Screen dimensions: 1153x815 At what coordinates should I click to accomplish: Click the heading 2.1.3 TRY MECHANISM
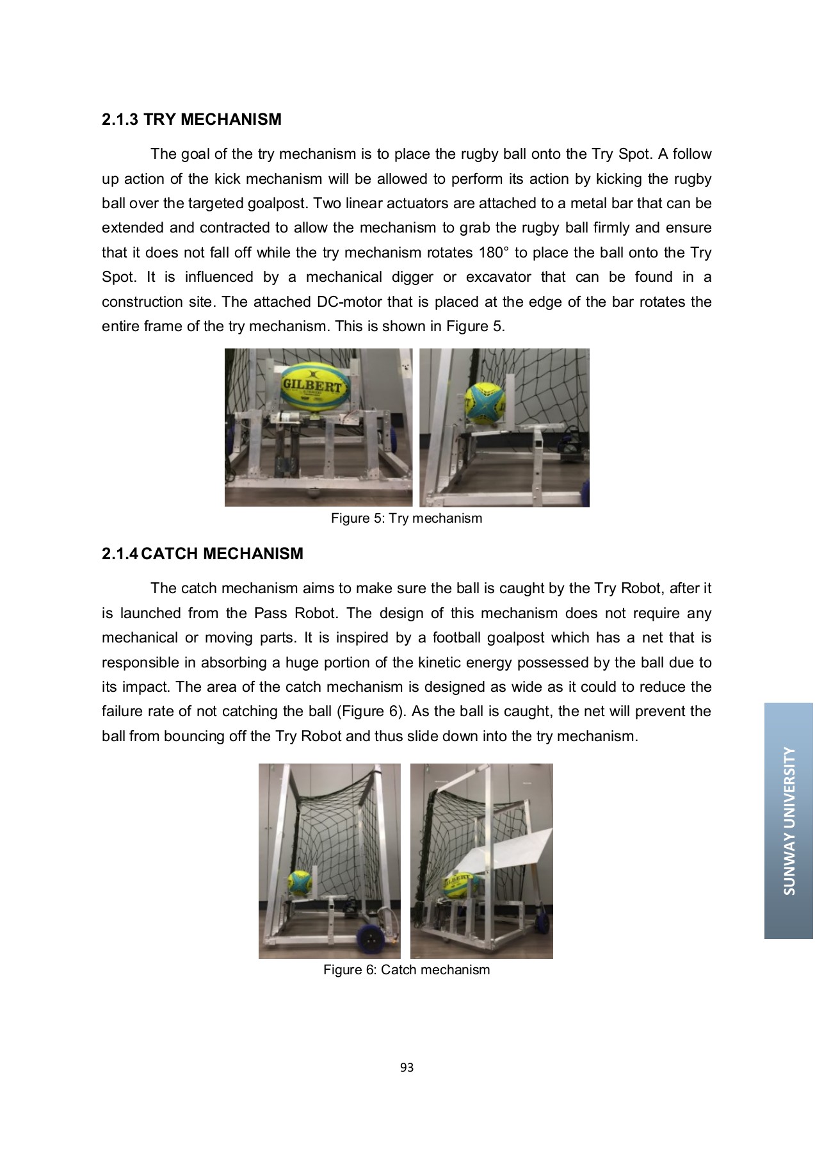click(191, 120)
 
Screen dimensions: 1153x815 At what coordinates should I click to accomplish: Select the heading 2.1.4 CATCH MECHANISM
click(202, 554)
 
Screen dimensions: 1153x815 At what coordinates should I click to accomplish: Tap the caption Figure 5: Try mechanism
click(406, 518)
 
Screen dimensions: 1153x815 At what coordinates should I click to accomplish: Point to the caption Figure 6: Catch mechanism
click(406, 970)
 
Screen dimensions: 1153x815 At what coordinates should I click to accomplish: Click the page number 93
click(407, 1067)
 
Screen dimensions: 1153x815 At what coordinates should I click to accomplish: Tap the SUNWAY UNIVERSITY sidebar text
click(789, 821)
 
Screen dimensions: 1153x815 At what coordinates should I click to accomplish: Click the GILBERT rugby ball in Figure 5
click(313, 386)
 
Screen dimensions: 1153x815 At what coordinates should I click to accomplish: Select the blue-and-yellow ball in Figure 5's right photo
click(485, 404)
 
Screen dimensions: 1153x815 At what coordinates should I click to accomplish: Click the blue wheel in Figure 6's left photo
click(370, 940)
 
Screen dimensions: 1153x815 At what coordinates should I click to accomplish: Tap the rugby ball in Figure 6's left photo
click(299, 883)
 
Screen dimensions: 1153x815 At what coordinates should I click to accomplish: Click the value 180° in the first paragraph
click(493, 253)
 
